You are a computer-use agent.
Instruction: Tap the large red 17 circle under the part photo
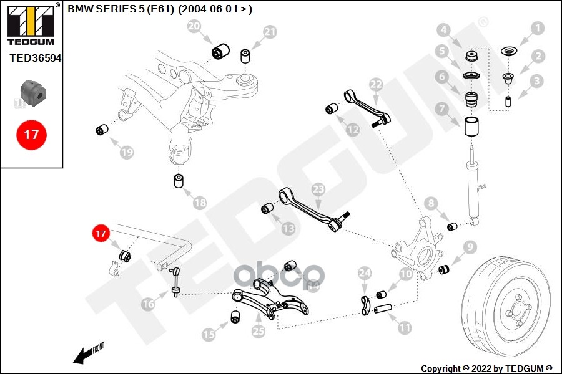[31, 134]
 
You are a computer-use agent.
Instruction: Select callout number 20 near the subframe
[194, 26]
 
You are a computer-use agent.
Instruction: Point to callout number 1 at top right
[538, 28]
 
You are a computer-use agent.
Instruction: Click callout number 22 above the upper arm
[375, 84]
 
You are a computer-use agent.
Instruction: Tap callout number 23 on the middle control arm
[318, 188]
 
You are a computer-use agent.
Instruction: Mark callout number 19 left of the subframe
[126, 151]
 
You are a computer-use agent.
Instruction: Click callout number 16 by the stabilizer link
[148, 304]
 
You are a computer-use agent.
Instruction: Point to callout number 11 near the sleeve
[405, 326]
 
